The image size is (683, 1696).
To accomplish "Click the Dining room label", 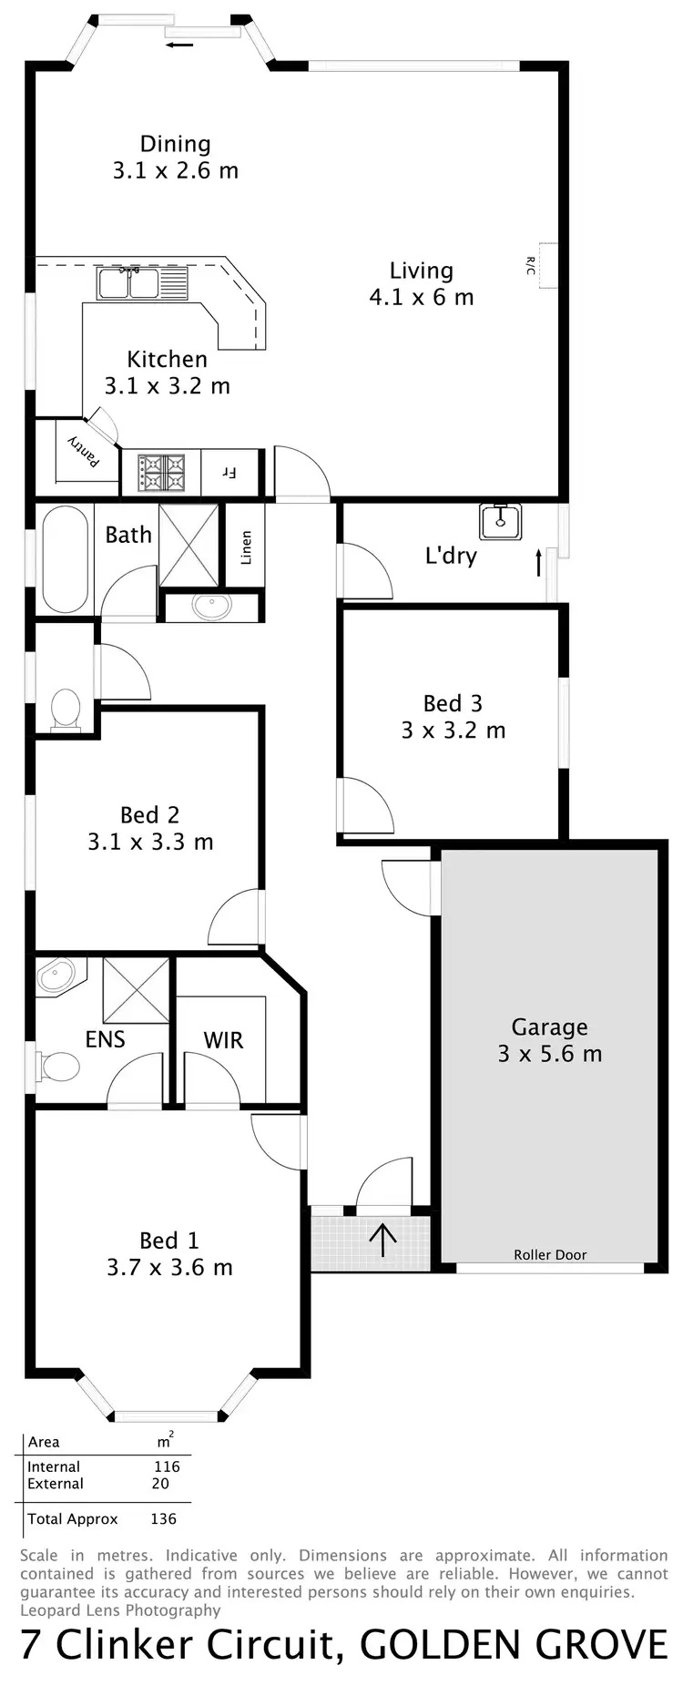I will point(175,144).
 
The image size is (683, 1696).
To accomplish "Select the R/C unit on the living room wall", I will point(546,266).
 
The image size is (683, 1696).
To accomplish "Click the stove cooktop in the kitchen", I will point(161,474).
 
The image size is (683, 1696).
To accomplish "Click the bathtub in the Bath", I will point(65,559).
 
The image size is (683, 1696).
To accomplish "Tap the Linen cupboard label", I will point(246,547).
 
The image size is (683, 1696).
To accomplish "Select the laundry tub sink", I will point(500,520).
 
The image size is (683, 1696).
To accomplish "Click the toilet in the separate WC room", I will point(66,709).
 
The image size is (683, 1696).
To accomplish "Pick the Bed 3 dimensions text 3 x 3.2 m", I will point(453,731).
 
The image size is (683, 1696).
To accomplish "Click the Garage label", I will point(549,1027).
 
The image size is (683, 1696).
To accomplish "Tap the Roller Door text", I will point(550,1254).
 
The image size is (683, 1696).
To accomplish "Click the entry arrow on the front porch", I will point(382,1240).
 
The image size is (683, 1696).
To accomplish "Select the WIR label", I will point(223,1040).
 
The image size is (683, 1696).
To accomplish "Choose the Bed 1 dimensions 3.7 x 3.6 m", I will point(169,1267).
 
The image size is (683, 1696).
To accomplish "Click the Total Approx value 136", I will point(163,1518).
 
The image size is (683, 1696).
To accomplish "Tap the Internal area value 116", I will point(167,1466).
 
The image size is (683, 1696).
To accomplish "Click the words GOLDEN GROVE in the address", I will point(514,1645).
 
